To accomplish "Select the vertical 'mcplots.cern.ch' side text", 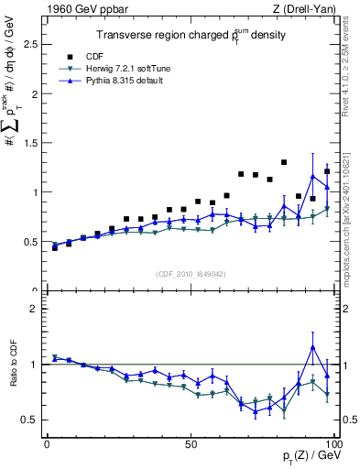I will [x=352, y=220].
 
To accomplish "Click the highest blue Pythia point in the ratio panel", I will [x=313, y=347].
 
